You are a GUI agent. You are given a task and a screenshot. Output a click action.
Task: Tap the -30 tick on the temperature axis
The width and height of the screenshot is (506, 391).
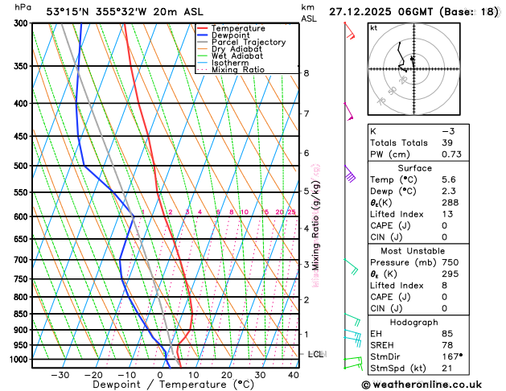point(60,374)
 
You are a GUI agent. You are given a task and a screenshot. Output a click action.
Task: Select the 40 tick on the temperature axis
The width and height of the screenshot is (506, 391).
point(293,374)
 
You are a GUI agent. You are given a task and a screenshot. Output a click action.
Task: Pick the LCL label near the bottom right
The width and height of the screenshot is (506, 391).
point(316,354)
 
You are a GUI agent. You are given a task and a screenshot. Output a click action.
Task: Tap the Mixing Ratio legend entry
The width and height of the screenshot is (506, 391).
point(237,69)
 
